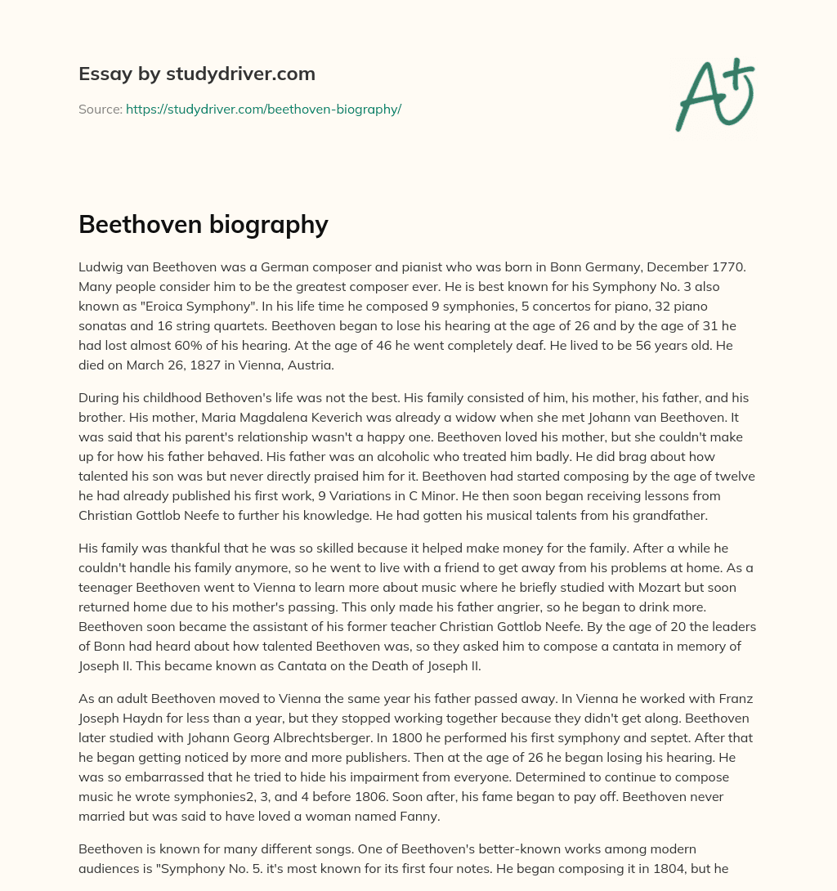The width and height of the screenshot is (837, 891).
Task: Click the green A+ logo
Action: pos(714,95)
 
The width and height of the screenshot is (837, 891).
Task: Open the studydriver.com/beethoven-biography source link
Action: pos(263,109)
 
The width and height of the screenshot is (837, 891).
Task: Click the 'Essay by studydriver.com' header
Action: pos(197,74)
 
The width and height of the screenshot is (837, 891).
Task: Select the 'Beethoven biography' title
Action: pos(203,224)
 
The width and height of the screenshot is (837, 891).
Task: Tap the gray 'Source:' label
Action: pos(100,109)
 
